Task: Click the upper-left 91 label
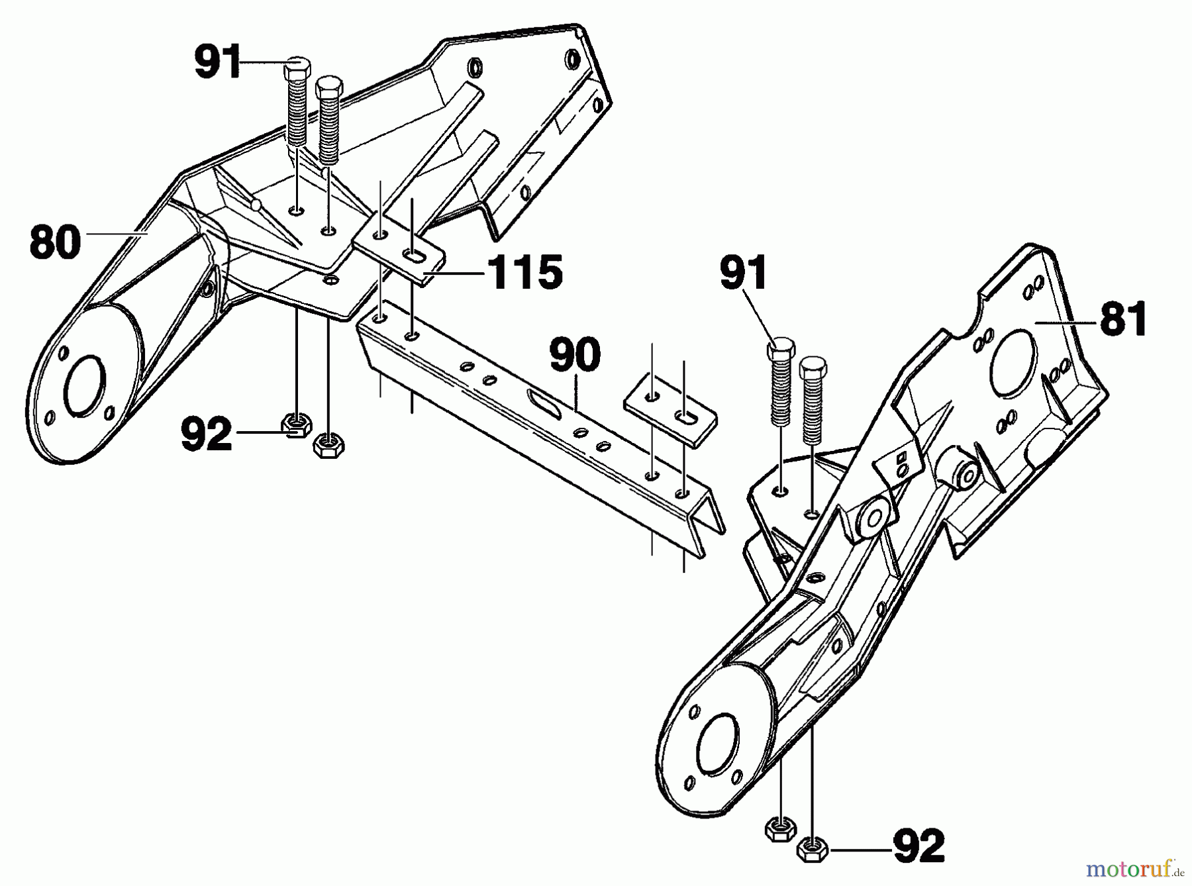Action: coord(217,62)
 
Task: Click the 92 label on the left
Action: coord(207,434)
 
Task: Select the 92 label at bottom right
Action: coord(919,846)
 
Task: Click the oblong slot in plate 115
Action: coord(417,256)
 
